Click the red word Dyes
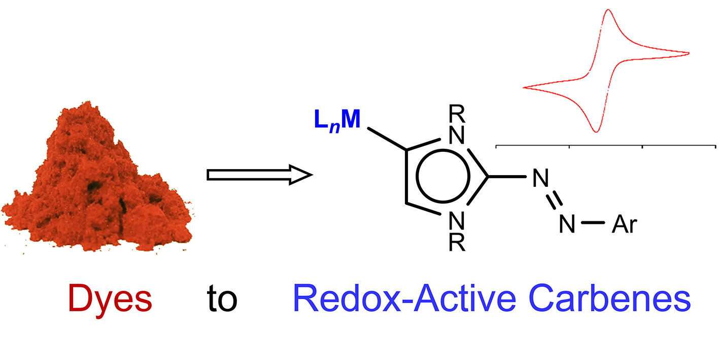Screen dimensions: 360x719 click(110, 299)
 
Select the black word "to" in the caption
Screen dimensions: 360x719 click(222, 300)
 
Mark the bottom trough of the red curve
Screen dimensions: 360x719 click(597, 131)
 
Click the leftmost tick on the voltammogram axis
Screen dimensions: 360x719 click(496, 147)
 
